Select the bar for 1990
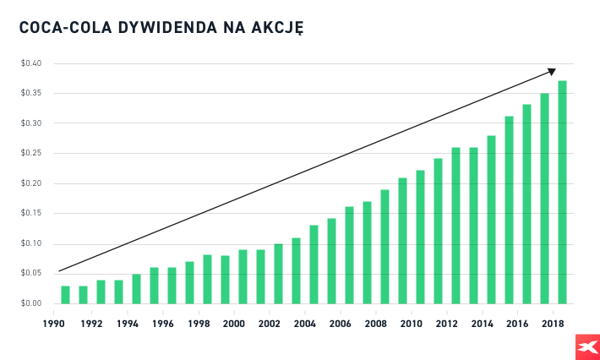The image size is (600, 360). coord(65,295)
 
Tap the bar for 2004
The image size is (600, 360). coord(314,265)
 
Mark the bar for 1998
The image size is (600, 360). coord(207,279)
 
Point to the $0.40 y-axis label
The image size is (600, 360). coord(32,63)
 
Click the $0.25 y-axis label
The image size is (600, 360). coord(32,154)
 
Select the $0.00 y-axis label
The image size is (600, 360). coord(32,303)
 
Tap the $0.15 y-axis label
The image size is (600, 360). coord(32,214)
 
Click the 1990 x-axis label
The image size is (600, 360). coord(56,324)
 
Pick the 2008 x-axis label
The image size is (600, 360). coord(375,324)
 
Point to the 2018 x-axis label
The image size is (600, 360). coord(553,324)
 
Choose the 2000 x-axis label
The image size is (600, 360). coord(233,324)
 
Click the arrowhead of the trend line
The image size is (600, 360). coord(551,71)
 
